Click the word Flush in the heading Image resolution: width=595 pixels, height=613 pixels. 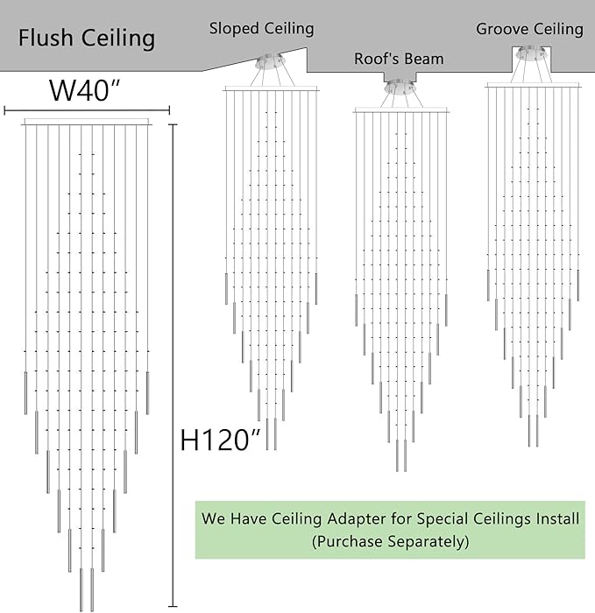coord(46,38)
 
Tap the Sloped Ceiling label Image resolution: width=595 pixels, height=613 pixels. coord(261,29)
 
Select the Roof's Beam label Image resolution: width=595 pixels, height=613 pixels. coord(399,59)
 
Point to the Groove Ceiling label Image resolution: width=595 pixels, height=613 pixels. coord(529,29)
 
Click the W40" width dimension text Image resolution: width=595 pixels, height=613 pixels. coord(83,90)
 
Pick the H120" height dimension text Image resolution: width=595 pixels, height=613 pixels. coord(220,440)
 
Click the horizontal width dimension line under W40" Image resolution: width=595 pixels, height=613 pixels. coord(87,110)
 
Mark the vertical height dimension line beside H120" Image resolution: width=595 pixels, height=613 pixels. coord(173,365)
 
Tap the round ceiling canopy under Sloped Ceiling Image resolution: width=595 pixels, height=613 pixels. coord(270,60)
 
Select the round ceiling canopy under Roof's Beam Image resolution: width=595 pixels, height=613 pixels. coord(400,88)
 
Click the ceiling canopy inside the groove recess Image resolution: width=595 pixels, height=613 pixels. coord(531,54)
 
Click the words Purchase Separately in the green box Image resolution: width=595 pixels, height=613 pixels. coord(390,541)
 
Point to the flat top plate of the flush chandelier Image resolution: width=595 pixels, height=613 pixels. coord(87,122)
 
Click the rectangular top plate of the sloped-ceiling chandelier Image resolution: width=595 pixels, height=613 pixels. coord(272,88)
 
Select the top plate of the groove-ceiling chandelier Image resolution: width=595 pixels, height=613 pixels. coord(533,85)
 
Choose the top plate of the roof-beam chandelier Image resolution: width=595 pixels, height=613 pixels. coord(401,110)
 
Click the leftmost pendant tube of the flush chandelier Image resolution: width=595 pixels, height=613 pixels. coord(25,392)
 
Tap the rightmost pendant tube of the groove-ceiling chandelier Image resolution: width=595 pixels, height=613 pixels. coord(578,285)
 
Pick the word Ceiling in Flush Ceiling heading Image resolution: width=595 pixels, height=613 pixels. coord(118,39)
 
